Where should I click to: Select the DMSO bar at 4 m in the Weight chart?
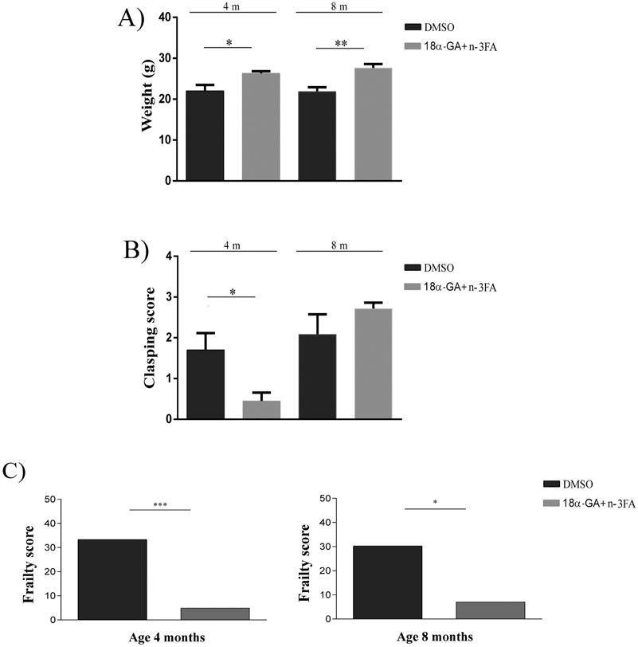(205, 135)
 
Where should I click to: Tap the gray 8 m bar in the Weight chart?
(374, 124)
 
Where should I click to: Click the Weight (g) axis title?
(148, 99)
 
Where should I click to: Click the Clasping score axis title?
(149, 339)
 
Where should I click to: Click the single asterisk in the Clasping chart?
(232, 292)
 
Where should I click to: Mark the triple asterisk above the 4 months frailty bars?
(160, 504)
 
